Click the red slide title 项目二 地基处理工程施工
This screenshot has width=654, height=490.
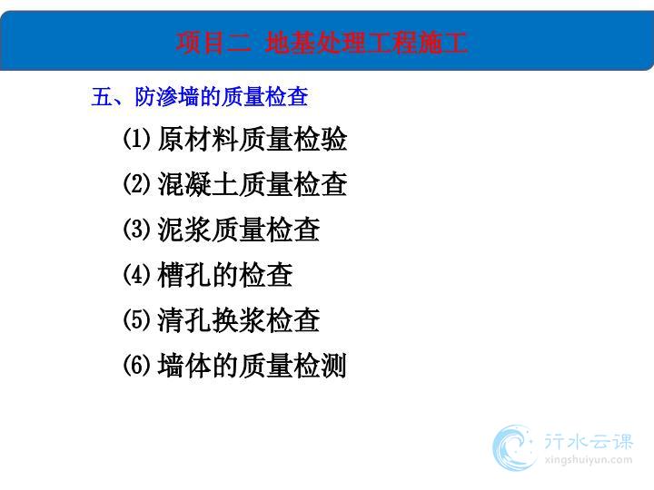click(x=322, y=43)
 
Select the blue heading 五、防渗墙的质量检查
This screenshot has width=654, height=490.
click(x=200, y=97)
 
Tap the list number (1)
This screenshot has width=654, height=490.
click(x=136, y=138)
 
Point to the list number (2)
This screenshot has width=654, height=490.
click(x=136, y=183)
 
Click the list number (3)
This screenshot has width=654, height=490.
click(x=136, y=230)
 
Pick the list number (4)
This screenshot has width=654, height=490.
click(x=136, y=275)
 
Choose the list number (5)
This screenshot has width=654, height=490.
click(x=136, y=320)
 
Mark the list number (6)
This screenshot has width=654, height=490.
click(x=136, y=366)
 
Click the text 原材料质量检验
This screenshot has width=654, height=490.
click(x=252, y=139)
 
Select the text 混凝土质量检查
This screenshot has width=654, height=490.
click(x=252, y=184)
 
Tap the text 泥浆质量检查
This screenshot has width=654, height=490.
click(x=239, y=230)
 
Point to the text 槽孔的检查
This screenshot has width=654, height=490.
click(x=225, y=275)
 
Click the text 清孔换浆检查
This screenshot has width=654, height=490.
click(x=239, y=320)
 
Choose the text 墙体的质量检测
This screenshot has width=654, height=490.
click(x=252, y=366)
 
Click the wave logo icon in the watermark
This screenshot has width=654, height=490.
click(x=514, y=448)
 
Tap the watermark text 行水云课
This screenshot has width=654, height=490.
click(x=589, y=442)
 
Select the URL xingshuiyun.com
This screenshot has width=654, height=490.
click(x=588, y=460)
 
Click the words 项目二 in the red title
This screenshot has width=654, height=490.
click(x=213, y=43)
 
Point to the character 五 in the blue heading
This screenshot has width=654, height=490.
click(x=101, y=97)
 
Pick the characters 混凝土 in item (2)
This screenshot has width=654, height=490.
click(x=198, y=184)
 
